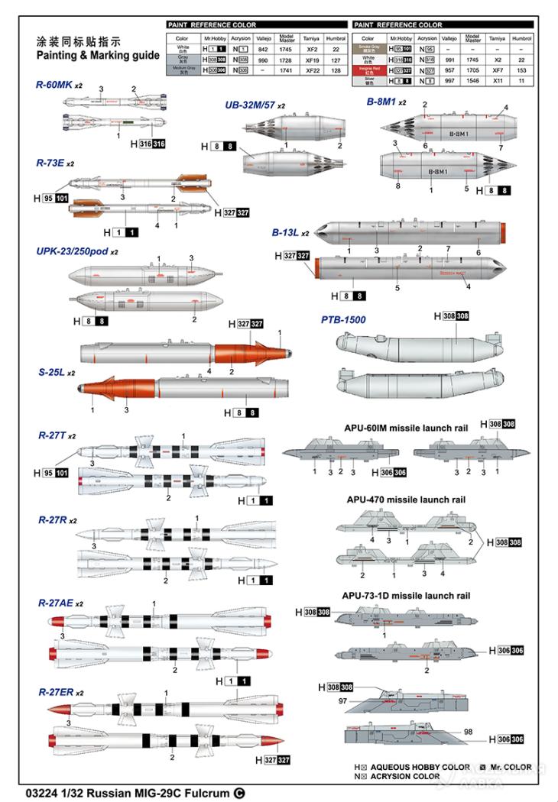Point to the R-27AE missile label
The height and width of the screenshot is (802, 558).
(x=56, y=603)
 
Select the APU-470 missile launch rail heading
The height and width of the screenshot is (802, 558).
(x=404, y=499)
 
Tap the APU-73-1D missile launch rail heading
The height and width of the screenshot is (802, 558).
(x=405, y=595)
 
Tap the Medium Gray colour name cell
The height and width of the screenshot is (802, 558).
(x=182, y=69)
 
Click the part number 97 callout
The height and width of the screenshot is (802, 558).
(x=343, y=701)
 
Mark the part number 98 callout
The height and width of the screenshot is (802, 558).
(x=468, y=732)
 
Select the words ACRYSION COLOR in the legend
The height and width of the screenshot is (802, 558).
(x=404, y=776)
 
